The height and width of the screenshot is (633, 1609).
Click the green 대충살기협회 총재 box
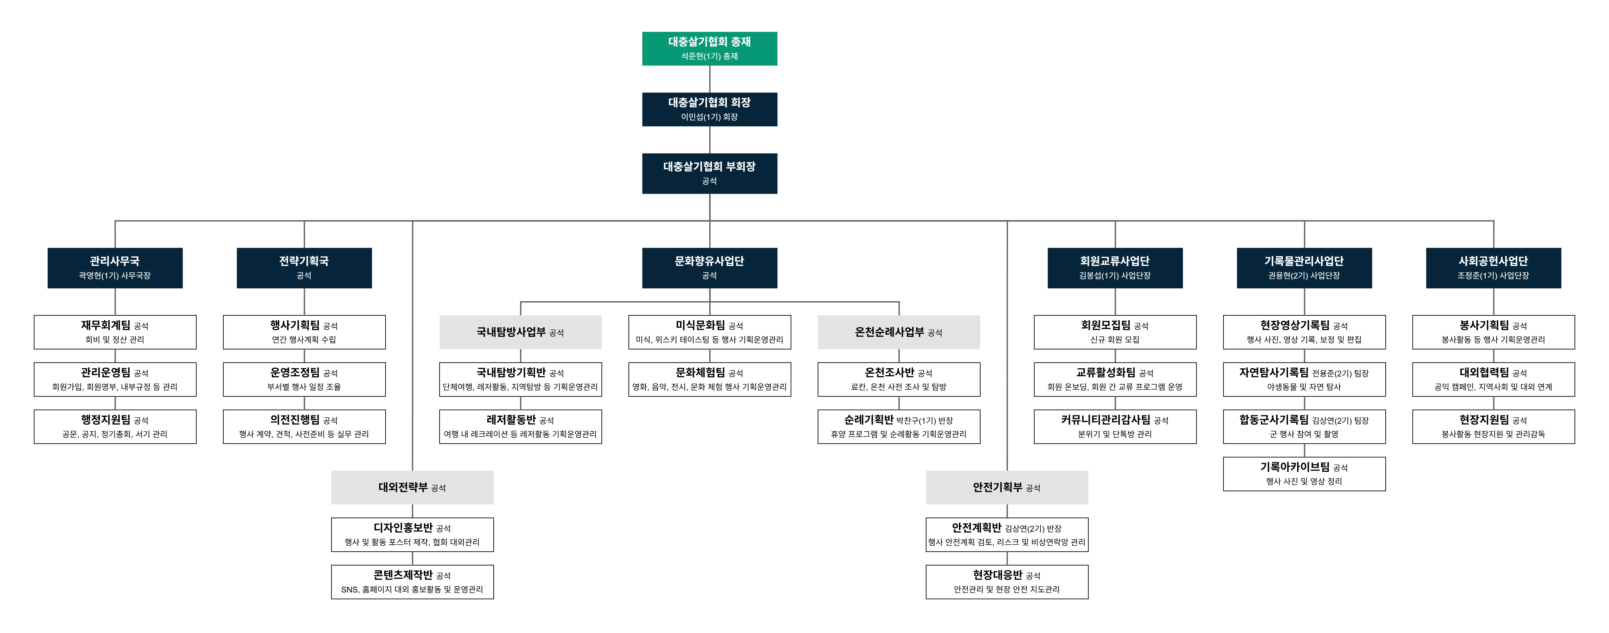[x=710, y=49]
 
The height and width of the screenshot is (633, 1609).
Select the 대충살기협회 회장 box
[x=710, y=109]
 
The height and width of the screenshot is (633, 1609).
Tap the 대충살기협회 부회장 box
[x=710, y=173]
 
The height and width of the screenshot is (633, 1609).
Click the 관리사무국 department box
[x=115, y=268]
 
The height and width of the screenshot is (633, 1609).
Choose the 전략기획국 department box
[x=304, y=268]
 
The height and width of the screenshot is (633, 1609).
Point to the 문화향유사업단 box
[x=710, y=268]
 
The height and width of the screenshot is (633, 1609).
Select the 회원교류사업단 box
[x=1115, y=268]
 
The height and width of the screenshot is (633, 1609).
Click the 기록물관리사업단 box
[x=1304, y=268]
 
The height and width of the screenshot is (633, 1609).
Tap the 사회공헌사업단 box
[x=1493, y=268]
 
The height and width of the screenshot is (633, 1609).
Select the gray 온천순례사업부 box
[x=899, y=332]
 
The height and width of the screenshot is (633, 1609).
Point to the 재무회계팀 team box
[x=115, y=332]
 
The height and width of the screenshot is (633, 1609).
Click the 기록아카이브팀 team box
[x=1304, y=474]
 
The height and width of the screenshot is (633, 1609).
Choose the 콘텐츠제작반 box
[x=412, y=582]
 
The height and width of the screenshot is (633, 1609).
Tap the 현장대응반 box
[x=1007, y=582]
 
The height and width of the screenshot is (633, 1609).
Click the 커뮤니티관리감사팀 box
[x=1115, y=426]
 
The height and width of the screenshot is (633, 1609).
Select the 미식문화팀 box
[x=710, y=332]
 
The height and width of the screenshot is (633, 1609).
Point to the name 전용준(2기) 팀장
[x=1340, y=373]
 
